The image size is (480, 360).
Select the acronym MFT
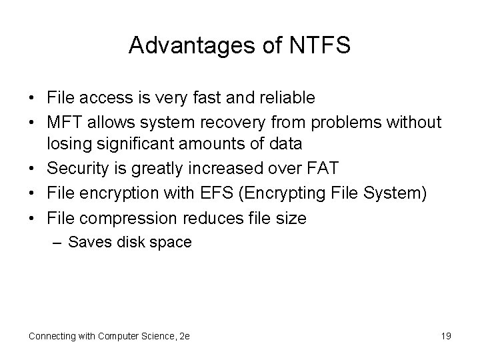[x=65, y=122]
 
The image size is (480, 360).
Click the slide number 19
[x=446, y=336]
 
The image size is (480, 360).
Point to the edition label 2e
[x=184, y=336]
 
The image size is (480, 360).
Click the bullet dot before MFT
[x=32, y=122]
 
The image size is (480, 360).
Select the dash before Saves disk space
[x=58, y=243]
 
